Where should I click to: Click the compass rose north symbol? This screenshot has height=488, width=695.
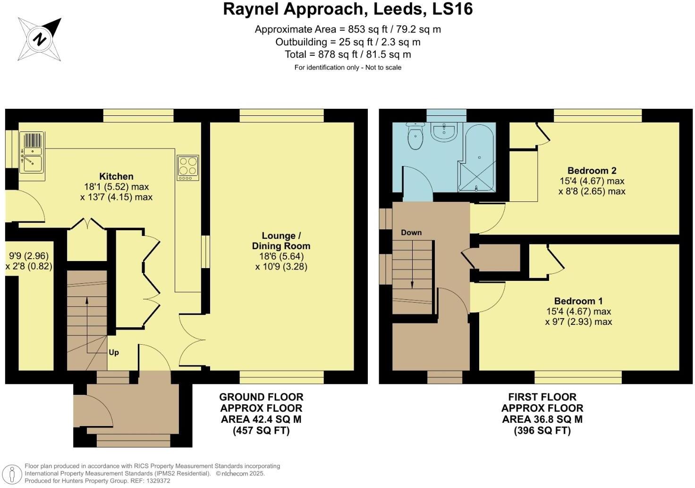[x=40, y=39]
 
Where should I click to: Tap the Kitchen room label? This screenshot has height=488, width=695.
[x=116, y=176]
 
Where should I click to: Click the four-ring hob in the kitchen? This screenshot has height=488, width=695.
[x=188, y=167]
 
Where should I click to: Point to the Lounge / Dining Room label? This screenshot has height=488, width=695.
[x=281, y=241]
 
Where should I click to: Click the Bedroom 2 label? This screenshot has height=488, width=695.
[x=592, y=171]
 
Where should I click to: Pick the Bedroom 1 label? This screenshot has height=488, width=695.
[x=578, y=301]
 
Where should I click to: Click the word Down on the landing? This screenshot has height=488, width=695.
[x=411, y=233]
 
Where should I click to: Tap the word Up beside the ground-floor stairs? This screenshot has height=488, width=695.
[x=114, y=353]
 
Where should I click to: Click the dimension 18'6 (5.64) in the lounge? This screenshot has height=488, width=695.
[x=281, y=256]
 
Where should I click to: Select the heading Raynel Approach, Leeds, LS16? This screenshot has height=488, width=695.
[x=347, y=9]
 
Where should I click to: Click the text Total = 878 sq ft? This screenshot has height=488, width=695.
[x=347, y=54]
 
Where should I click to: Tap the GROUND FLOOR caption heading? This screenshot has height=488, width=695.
[x=261, y=397]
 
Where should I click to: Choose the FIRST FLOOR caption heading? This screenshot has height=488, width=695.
[x=542, y=397]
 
